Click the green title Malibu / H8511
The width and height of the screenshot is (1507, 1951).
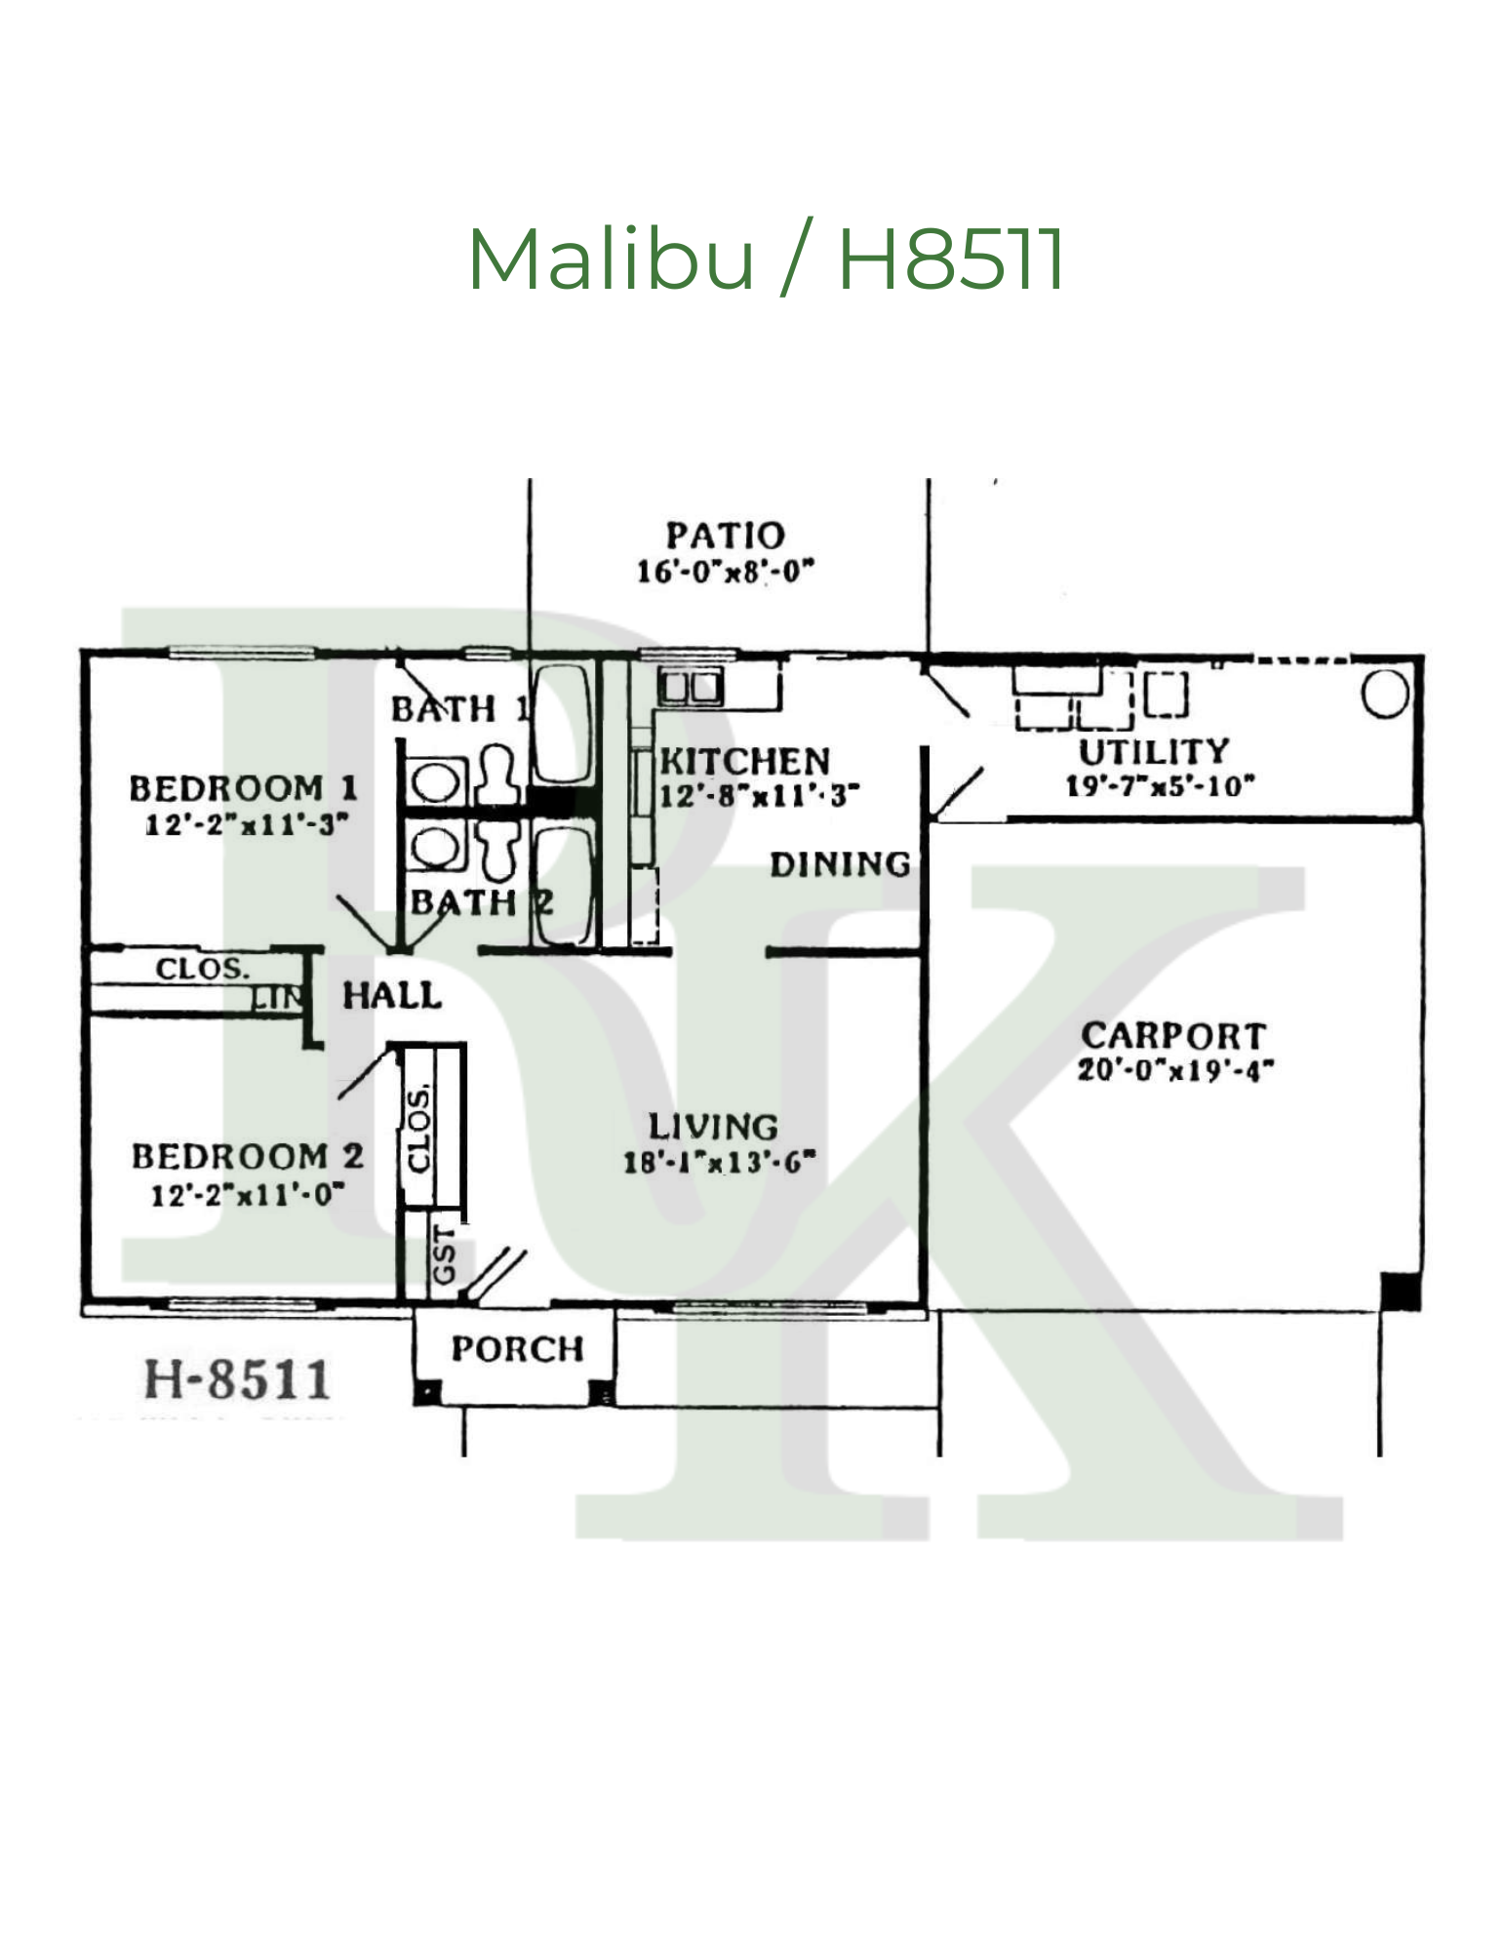767,259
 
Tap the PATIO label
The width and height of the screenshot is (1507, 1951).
725,536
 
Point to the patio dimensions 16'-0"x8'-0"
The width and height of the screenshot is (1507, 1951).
725,571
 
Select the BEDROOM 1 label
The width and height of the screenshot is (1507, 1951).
243,788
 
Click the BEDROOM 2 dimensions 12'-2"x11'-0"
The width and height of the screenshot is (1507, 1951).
247,1194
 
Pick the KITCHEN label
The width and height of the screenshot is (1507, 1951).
745,761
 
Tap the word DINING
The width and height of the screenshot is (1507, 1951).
840,864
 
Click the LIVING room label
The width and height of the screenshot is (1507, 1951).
714,1127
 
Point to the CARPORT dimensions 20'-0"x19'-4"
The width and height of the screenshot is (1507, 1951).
1175,1070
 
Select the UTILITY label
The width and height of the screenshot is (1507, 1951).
1154,752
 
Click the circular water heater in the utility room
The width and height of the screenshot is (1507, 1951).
1384,695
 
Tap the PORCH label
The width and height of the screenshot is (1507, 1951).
517,1349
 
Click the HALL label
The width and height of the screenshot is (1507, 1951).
392,996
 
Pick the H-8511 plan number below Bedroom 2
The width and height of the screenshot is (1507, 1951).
237,1379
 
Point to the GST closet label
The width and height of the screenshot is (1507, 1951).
444,1255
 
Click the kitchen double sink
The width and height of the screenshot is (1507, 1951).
691,688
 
